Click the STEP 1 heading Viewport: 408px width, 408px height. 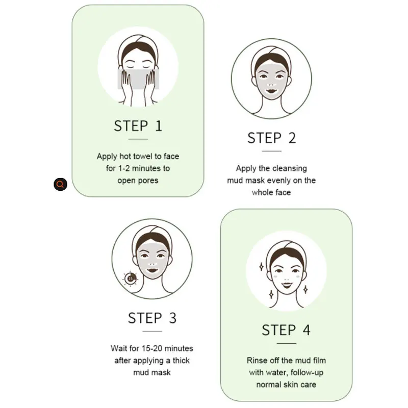pyautogui.click(x=138, y=126)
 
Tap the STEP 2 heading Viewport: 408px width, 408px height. pyautogui.click(x=271, y=138)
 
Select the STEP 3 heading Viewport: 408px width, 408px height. pyautogui.click(x=152, y=318)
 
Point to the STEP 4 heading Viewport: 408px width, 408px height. pyautogui.click(x=286, y=330)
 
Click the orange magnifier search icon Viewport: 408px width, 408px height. pyautogui.click(x=60, y=184)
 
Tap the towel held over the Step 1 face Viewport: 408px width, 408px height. pyautogui.click(x=138, y=80)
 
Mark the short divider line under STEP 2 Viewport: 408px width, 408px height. pyautogui.click(x=271, y=151)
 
